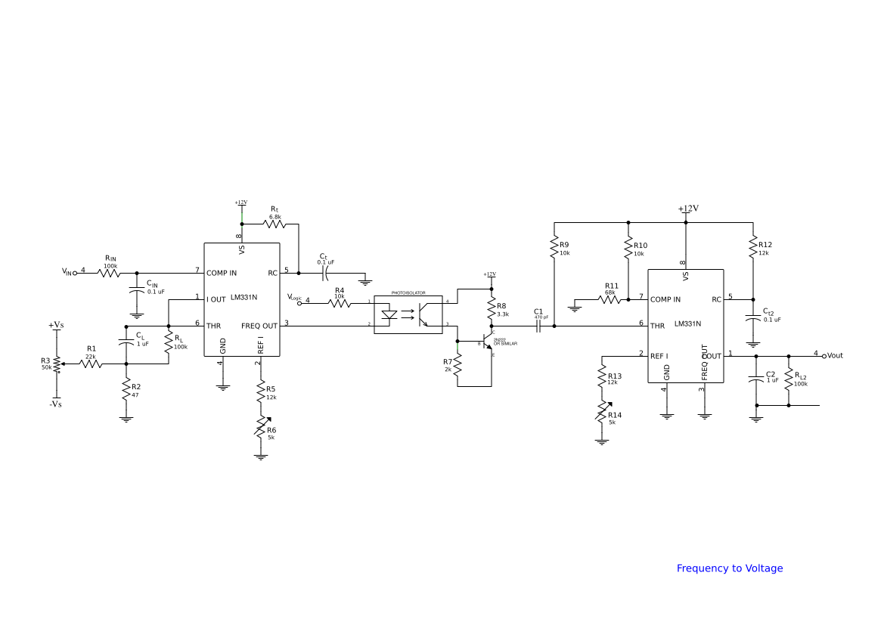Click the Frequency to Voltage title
(x=729, y=568)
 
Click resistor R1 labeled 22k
(x=91, y=364)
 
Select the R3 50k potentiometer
(x=57, y=364)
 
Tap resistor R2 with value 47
(x=126, y=389)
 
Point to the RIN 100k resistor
(x=110, y=273)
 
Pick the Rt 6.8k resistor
(x=274, y=223)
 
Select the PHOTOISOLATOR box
(x=408, y=314)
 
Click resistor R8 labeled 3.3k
(x=492, y=309)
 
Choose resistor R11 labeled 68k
(x=610, y=299)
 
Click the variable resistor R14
(x=602, y=413)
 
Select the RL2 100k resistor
(x=789, y=379)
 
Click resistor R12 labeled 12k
(x=753, y=248)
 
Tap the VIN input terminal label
(x=68, y=272)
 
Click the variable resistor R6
(x=261, y=428)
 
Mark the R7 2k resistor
(x=457, y=366)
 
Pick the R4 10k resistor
(x=340, y=303)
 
